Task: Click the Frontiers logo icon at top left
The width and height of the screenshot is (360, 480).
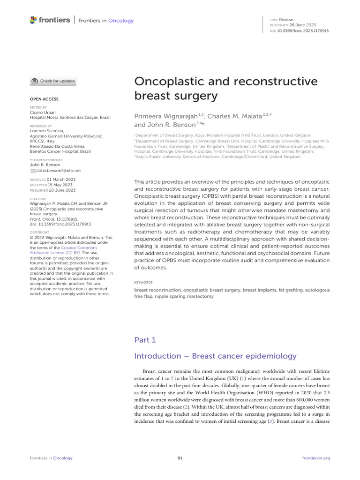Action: (x=33, y=20)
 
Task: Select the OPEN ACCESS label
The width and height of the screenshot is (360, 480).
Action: (x=44, y=99)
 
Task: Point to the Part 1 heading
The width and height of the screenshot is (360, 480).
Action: (x=145, y=340)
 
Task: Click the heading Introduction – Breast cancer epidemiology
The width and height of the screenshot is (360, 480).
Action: (x=215, y=356)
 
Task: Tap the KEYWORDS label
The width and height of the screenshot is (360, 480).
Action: (x=143, y=283)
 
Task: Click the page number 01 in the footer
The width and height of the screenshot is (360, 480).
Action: (x=180, y=458)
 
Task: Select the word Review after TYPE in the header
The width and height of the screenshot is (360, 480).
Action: (x=286, y=19)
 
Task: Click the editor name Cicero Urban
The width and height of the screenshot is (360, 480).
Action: (x=43, y=112)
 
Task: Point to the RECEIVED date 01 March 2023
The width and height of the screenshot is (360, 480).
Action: (x=61, y=180)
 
